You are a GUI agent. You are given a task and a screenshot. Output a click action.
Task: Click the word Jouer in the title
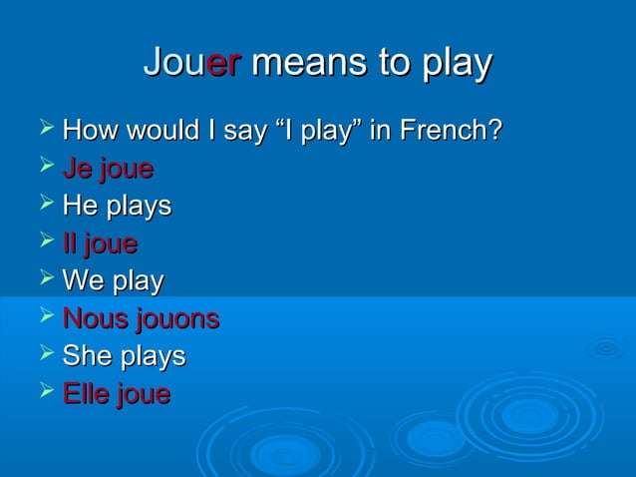coord(192,63)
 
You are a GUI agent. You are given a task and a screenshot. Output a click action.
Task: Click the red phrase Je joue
coord(108,170)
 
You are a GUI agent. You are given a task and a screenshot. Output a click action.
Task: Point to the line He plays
coord(117,207)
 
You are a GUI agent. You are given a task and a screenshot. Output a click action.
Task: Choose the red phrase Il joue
coord(100,243)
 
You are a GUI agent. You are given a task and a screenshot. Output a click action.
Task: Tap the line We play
coord(113,281)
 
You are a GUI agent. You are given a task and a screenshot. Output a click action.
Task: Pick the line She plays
coord(124,356)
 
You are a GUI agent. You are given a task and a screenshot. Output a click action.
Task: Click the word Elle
coord(86,394)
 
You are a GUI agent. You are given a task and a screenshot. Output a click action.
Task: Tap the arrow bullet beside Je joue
coord(44,168)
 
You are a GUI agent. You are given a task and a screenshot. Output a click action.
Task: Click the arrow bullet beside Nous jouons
coord(44,317)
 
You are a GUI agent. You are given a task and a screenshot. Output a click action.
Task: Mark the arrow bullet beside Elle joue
coord(44,392)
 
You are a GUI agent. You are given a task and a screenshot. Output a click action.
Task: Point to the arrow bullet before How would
coord(44,130)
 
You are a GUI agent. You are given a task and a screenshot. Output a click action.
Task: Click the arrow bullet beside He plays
coord(44,205)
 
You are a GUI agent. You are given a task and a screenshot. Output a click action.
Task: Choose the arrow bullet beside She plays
coord(44,354)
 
